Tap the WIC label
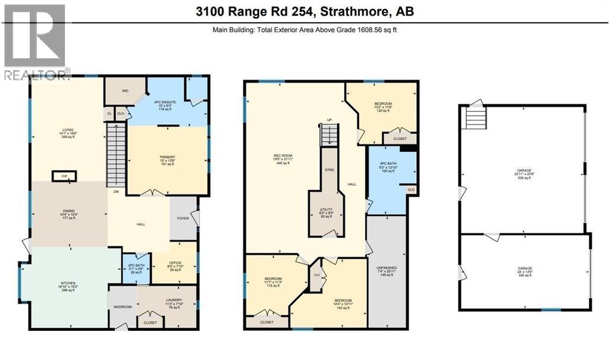[x=125, y=91]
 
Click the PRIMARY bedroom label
[x=167, y=158]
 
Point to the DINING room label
[x=69, y=209]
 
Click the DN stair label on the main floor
[x=116, y=192]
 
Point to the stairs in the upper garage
[x=475, y=117]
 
